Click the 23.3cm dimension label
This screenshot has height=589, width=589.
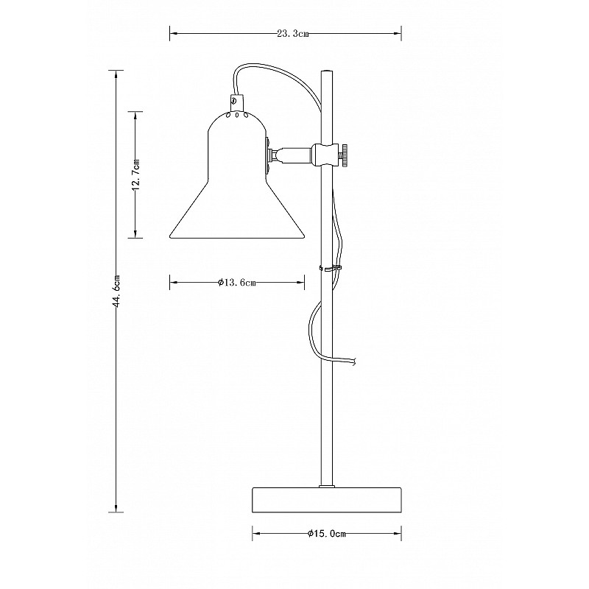pyautogui.click(x=293, y=34)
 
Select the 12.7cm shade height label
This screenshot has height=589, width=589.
pyautogui.click(x=136, y=174)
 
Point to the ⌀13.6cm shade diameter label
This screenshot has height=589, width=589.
pyautogui.click(x=237, y=283)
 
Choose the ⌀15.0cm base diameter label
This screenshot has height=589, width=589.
pyautogui.click(x=327, y=534)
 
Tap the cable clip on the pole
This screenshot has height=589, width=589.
pyautogui.click(x=330, y=268)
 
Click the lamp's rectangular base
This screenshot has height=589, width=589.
pyautogui.click(x=327, y=500)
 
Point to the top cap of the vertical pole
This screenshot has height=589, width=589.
pyautogui.click(x=326, y=71)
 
